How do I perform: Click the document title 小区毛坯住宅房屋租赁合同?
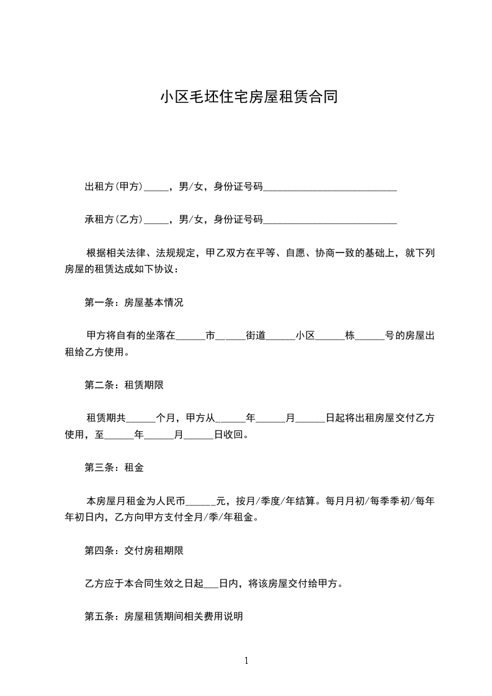[x=249, y=97]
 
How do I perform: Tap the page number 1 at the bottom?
[x=246, y=661]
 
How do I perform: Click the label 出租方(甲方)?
[x=114, y=186]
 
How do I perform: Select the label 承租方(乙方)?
[x=114, y=219]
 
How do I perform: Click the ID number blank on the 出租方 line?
[x=330, y=187]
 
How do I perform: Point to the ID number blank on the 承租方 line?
[x=330, y=220]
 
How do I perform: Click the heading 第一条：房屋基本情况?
[x=134, y=303]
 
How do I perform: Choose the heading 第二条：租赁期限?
[x=124, y=385]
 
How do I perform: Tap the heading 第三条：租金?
[x=114, y=468]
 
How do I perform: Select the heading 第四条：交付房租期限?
[x=134, y=550]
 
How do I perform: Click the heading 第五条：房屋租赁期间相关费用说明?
[x=164, y=617]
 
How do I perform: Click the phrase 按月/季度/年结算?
[x=275, y=501]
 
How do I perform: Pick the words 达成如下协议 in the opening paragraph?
[x=149, y=270]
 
